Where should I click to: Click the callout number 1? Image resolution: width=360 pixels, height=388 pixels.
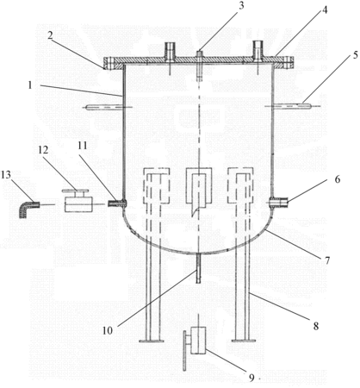click(29, 84)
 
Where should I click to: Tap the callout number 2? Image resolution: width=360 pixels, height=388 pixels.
click(51, 35)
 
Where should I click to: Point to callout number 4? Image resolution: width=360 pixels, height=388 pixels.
click(324, 10)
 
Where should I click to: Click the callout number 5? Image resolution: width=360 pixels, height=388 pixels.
click(355, 55)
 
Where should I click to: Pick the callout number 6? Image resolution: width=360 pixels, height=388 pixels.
click(338, 179)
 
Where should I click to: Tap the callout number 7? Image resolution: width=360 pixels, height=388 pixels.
click(327, 260)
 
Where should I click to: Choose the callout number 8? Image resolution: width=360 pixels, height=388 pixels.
click(316, 326)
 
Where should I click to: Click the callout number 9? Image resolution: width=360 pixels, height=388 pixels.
click(251, 378)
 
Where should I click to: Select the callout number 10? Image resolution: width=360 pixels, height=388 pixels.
click(108, 330)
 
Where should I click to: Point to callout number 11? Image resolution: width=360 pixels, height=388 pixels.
click(83, 145)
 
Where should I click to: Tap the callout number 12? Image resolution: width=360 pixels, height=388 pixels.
click(43, 150)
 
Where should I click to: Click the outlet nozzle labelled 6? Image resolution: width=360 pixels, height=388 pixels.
click(279, 203)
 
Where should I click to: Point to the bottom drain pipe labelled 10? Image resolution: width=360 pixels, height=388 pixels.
click(198, 269)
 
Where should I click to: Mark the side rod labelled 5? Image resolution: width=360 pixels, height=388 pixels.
click(292, 106)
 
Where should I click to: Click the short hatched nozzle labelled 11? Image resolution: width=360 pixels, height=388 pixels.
click(117, 203)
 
